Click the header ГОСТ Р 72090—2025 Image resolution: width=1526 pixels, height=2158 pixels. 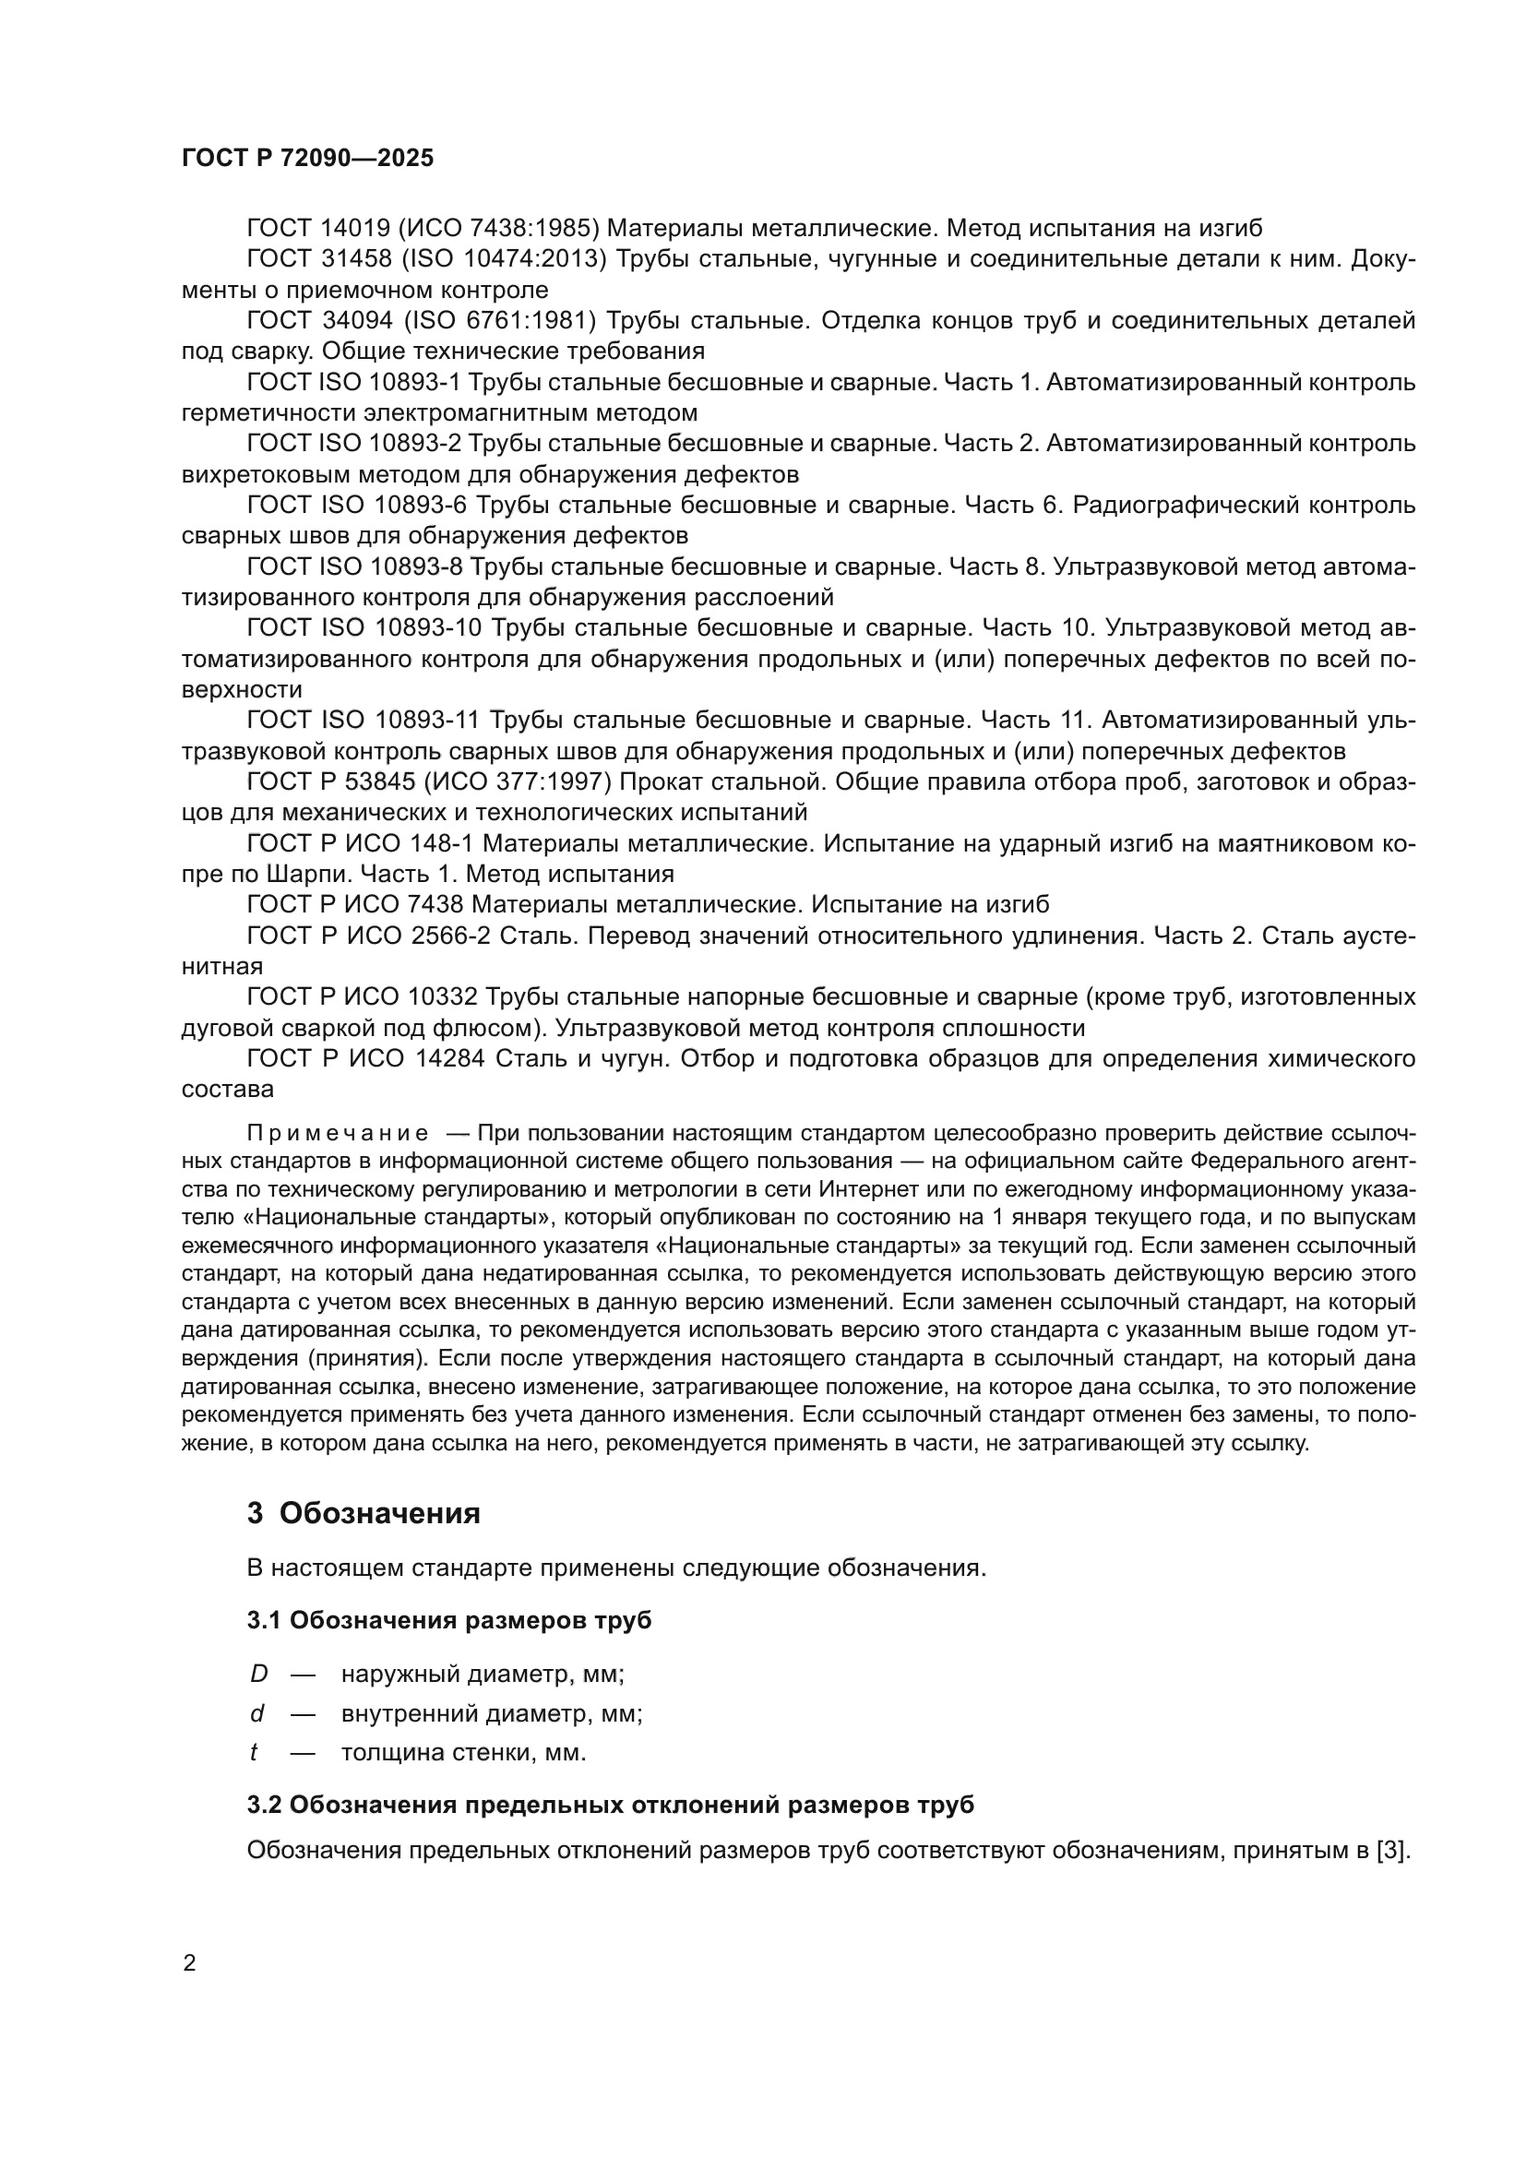point(307,158)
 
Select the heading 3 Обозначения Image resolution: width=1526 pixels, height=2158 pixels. point(364,1513)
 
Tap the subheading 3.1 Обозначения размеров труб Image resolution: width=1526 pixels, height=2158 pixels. point(449,1620)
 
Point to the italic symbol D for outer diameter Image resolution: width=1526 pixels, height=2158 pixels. point(258,1674)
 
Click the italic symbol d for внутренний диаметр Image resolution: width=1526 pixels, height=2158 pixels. point(256,1713)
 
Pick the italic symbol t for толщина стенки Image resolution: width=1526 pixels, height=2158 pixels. point(255,1753)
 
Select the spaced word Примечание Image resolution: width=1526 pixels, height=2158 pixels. point(338,1133)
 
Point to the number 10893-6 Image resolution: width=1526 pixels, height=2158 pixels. point(420,506)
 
